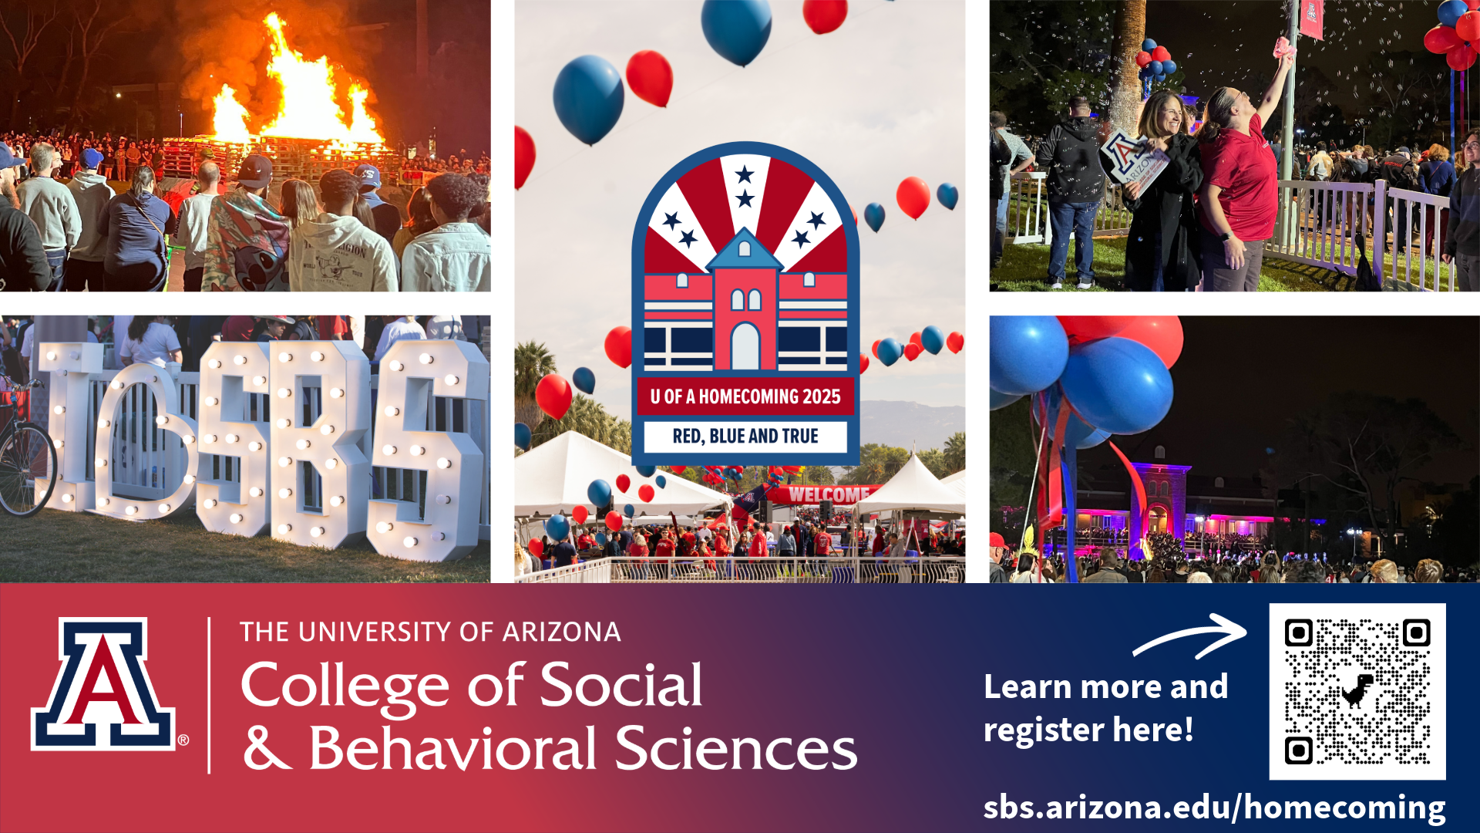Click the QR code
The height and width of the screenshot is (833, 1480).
click(1357, 691)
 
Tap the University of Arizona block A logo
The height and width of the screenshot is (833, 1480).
click(103, 683)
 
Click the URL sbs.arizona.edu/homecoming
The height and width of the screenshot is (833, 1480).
click(1214, 807)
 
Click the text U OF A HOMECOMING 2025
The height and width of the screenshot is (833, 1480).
click(745, 396)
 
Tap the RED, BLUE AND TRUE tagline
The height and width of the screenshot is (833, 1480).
click(745, 437)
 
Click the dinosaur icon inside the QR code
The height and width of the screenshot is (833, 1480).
click(1357, 690)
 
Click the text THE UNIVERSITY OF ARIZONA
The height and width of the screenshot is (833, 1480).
click(430, 632)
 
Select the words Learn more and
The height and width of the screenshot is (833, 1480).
click(1105, 686)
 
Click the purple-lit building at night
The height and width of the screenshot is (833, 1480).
click(1156, 501)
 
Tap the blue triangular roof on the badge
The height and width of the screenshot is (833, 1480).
click(745, 248)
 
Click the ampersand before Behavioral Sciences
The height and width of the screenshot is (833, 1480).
click(267, 747)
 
